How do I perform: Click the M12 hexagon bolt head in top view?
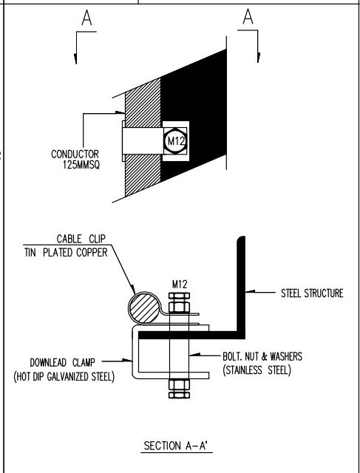click(x=176, y=141)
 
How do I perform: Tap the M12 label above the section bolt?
click(x=180, y=284)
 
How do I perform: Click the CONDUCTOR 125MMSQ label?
click(x=75, y=160)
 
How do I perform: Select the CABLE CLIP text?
click(x=81, y=239)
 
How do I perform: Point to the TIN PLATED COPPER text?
click(x=66, y=253)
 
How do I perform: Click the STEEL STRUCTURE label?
click(x=312, y=293)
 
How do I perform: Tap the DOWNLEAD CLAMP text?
click(x=63, y=362)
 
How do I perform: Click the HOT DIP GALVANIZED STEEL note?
click(x=64, y=376)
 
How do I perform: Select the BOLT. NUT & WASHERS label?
click(x=262, y=356)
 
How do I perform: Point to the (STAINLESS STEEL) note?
click(x=257, y=370)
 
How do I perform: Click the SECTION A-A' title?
click(x=176, y=446)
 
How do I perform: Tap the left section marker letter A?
click(x=86, y=18)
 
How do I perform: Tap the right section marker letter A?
click(x=248, y=16)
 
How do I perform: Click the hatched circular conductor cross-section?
click(x=144, y=308)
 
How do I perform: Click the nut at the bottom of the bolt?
click(x=179, y=389)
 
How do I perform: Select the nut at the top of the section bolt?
click(x=179, y=303)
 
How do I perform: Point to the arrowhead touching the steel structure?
click(x=250, y=292)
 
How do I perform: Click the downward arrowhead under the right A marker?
click(x=258, y=58)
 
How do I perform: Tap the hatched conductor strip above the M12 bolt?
click(x=143, y=103)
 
